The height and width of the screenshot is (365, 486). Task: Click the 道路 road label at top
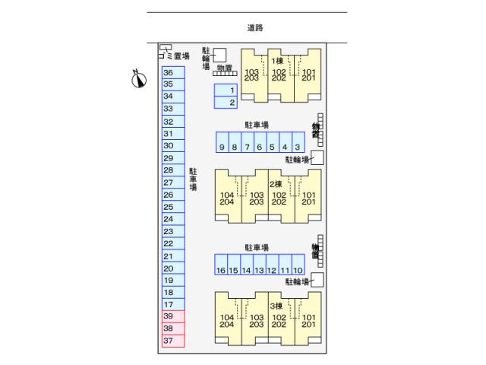[x=255, y=28]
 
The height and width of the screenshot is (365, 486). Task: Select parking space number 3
[x=298, y=147]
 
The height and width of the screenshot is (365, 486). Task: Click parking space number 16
[x=221, y=270]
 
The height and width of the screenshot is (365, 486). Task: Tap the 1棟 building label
[x=278, y=60]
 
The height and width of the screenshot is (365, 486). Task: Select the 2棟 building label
[x=275, y=184]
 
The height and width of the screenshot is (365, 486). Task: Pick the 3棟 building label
[x=275, y=306]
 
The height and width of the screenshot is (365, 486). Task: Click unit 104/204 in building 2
[x=227, y=198]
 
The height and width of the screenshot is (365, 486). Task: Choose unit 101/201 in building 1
[x=308, y=75]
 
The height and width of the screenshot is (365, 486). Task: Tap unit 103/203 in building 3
[x=256, y=322]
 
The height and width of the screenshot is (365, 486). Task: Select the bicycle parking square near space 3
[x=317, y=157]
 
